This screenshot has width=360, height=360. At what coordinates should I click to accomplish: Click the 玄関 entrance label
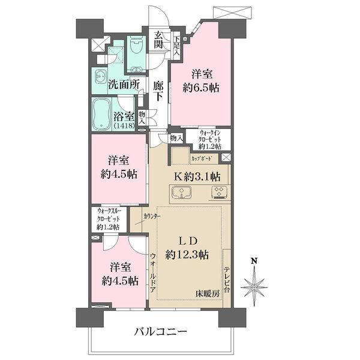pos(158,41)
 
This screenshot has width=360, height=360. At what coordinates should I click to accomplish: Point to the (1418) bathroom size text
pos(124,127)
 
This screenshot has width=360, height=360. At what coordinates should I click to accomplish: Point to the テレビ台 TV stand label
pos(227,279)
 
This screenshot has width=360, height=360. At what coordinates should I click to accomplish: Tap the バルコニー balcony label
pos(161,331)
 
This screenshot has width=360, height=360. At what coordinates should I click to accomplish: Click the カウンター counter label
pos(151,214)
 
